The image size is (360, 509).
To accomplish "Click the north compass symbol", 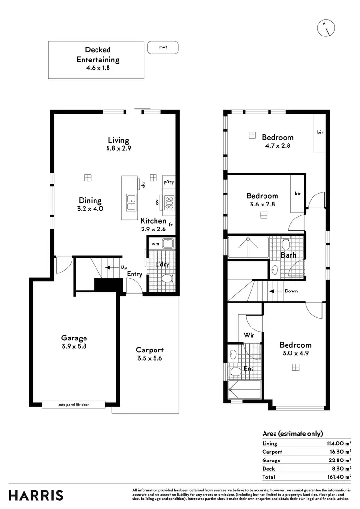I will tap(326, 28).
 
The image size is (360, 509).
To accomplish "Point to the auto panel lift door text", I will tap(73, 405).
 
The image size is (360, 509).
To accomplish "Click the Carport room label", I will tap(149, 354).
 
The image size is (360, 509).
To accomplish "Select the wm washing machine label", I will tap(155, 244).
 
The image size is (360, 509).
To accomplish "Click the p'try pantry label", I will tap(168, 182).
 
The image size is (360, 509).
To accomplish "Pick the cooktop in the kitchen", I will tap(169, 203).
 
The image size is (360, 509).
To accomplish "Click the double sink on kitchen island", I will tap(131, 203).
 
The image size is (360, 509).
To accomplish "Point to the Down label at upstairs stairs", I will tap(290, 291).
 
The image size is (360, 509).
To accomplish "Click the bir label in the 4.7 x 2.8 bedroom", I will tap(320, 132).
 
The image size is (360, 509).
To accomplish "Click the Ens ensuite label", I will tap(250, 369).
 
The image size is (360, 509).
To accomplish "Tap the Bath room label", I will tap(288, 255).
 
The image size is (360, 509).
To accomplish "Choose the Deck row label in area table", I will tap(268, 469).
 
